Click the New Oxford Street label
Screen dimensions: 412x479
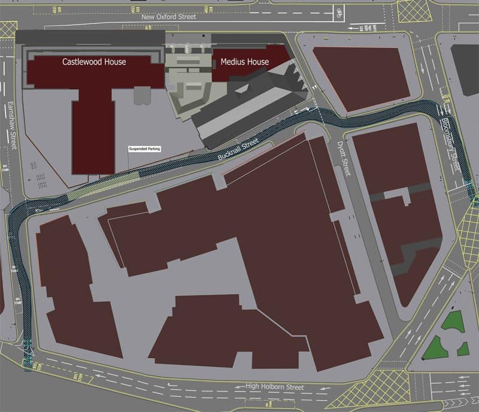(x=169, y=17)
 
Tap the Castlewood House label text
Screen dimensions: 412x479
(x=94, y=62)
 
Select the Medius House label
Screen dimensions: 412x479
(x=244, y=62)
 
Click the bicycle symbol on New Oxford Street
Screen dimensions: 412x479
(x=339, y=11)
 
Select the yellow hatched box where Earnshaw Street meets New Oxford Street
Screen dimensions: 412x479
(x=8, y=29)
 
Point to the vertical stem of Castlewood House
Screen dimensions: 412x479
(x=93, y=132)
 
